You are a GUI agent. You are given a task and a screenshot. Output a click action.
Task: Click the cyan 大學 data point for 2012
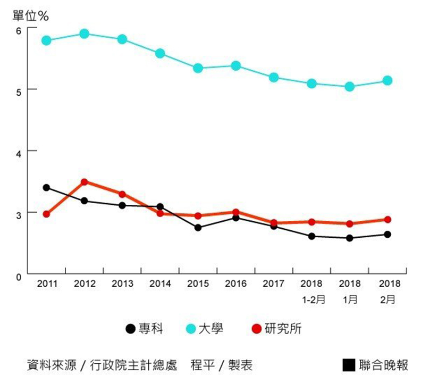(x=84, y=34)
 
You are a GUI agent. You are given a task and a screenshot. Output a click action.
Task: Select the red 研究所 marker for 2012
(x=84, y=182)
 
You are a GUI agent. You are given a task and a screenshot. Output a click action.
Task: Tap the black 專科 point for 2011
(x=46, y=188)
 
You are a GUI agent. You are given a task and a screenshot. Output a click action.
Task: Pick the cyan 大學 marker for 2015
(x=198, y=68)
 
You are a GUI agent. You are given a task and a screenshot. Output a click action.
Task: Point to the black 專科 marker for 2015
(x=198, y=228)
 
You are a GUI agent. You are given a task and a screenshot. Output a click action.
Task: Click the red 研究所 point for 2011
(x=46, y=214)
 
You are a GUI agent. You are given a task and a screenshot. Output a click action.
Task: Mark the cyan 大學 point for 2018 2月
(x=388, y=81)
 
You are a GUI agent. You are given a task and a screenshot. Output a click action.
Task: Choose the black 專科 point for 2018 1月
(x=350, y=238)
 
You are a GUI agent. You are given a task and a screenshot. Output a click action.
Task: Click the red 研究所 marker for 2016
(x=236, y=212)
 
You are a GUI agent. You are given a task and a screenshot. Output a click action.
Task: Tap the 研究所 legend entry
(x=276, y=329)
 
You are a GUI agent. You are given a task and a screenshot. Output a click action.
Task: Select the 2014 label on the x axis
(x=160, y=284)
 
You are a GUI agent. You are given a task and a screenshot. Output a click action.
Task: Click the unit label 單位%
(x=30, y=15)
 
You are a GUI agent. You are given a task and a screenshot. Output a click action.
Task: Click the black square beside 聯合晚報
(x=349, y=365)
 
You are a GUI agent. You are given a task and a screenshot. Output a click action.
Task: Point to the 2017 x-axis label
(x=274, y=284)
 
